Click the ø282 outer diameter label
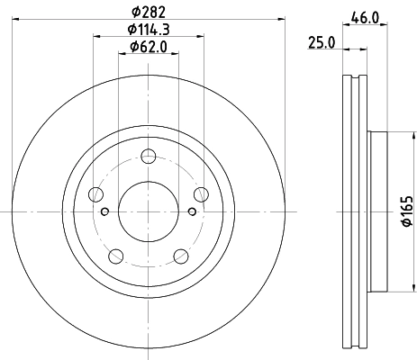(x=149, y=12)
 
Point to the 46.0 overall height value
(x=365, y=15)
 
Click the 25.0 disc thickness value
(x=322, y=41)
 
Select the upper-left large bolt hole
(x=95, y=194)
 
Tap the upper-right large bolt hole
(x=202, y=194)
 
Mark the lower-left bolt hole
(x=115, y=256)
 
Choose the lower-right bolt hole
(x=181, y=256)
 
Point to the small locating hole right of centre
(x=192, y=212)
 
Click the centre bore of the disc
(x=149, y=211)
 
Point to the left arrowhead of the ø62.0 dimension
(x=122, y=54)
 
